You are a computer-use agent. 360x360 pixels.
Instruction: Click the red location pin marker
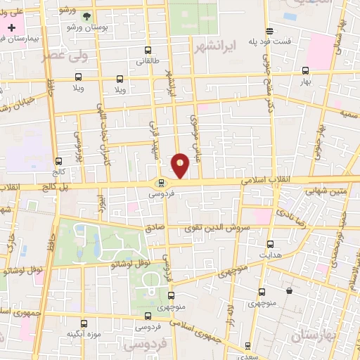(181, 165)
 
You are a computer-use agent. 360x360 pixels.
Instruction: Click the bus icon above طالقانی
(147, 51)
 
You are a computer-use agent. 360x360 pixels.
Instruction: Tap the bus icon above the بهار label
(304, 70)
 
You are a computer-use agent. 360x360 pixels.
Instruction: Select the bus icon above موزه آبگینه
(84, 324)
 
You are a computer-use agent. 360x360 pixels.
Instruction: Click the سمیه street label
(349, 112)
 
